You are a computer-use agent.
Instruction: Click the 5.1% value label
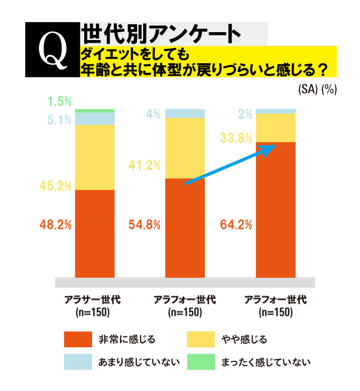pos(59,120)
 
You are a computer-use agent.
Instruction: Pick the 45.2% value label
pos(55,186)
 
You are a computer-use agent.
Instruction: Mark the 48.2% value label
pos(55,225)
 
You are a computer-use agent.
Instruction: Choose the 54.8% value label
pos(144,225)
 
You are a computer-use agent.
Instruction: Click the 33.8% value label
pos(235,139)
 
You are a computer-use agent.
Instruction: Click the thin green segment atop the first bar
pos(95,111)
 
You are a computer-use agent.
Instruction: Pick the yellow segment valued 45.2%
pos(95,157)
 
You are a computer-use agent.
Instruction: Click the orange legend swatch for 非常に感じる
pos(78,339)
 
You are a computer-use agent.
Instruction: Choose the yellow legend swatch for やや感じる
pos(201,339)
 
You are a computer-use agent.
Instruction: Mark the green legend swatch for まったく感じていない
pos(201,362)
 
